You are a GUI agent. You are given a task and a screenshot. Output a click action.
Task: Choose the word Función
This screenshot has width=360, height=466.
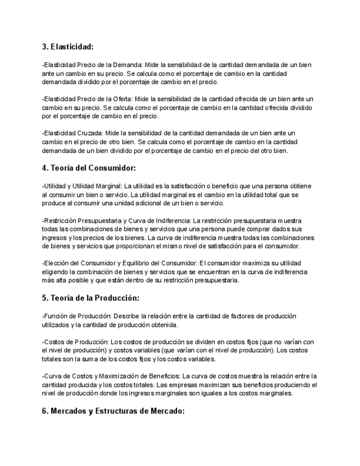click(x=57, y=316)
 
